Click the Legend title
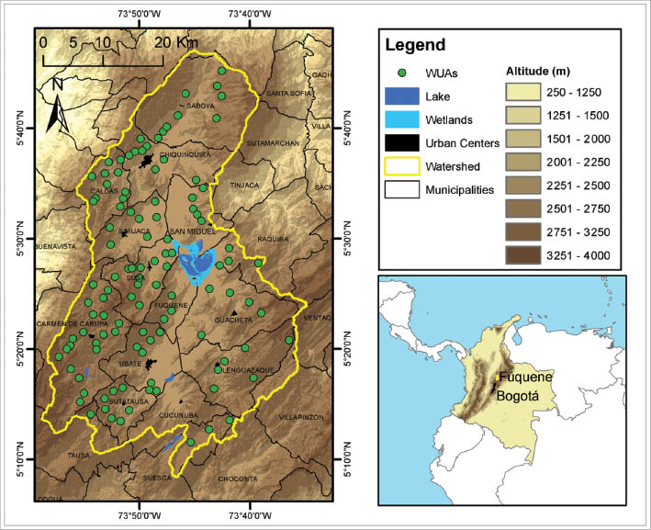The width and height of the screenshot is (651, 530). click(x=415, y=44)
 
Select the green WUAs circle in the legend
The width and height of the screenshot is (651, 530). click(x=402, y=73)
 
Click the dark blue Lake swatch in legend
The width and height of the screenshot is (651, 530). click(x=402, y=96)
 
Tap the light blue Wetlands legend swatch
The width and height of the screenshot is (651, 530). click(x=402, y=119)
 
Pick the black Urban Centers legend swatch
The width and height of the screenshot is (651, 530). click(x=402, y=142)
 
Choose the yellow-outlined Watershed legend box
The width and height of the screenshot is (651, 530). click(x=402, y=166)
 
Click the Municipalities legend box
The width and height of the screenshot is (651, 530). click(x=402, y=189)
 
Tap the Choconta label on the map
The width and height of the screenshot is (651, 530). click(x=239, y=479)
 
